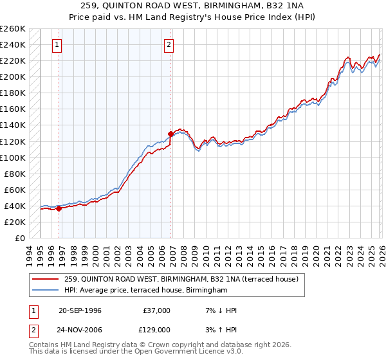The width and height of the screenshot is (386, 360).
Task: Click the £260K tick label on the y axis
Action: pyautogui.click(x=13, y=29)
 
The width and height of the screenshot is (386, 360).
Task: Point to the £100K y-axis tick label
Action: pyautogui.click(x=13, y=157)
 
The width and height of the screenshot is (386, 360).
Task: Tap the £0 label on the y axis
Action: pyautogui.click(x=19, y=238)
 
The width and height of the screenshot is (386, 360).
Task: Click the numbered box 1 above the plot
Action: pyautogui.click(x=58, y=45)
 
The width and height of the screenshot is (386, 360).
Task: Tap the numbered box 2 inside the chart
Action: pyautogui.click(x=169, y=45)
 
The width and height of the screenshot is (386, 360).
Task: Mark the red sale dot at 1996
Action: pyautogui.click(x=59, y=208)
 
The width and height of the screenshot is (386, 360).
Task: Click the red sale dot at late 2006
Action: pyautogui.click(x=170, y=134)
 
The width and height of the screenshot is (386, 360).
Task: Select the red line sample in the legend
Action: pyautogui.click(x=46, y=280)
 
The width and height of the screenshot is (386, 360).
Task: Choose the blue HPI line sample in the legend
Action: pyautogui.click(x=46, y=291)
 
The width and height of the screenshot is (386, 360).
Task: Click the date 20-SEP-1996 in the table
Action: pyautogui.click(x=80, y=310)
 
